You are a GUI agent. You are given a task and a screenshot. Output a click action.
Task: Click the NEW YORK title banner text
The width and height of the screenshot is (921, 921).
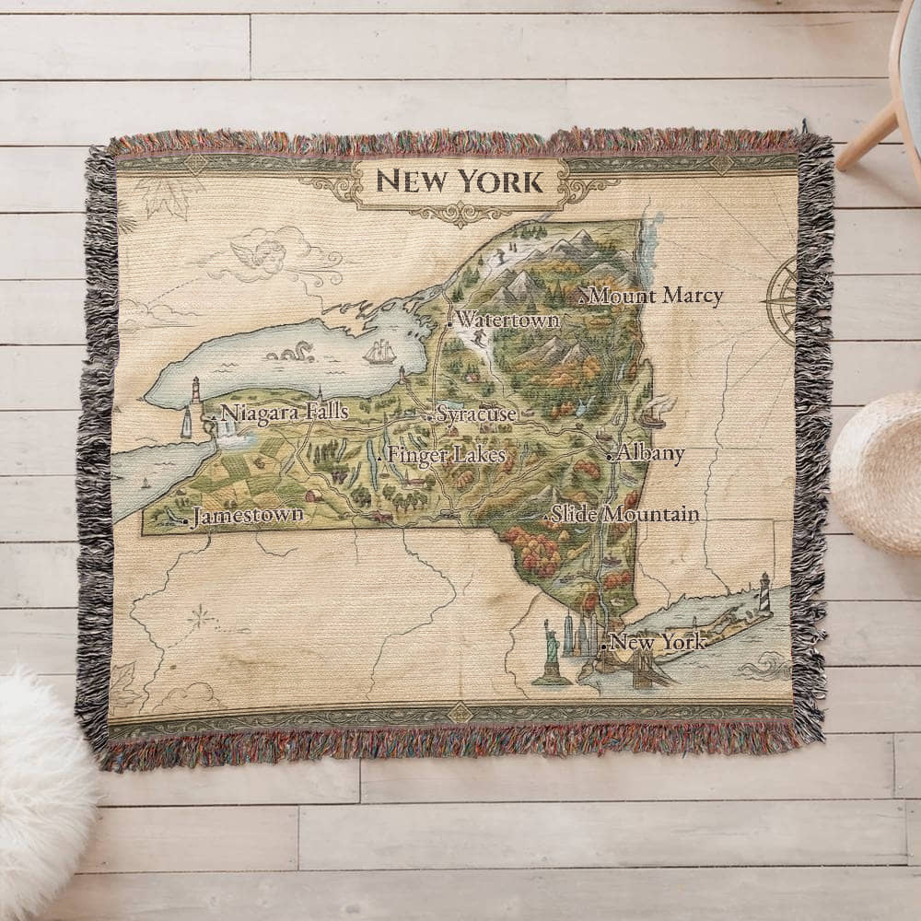coord(460,181)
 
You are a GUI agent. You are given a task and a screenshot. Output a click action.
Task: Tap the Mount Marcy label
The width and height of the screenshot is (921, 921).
coord(655,297)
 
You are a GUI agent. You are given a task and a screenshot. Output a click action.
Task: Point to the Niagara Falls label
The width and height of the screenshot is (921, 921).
coord(285,413)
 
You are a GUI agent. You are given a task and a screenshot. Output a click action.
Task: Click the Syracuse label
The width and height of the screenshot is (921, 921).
coord(476,414)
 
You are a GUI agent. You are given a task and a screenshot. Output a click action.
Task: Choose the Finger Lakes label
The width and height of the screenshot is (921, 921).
coord(446,455)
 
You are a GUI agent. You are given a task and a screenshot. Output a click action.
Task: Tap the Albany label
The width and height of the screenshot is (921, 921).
coord(651,453)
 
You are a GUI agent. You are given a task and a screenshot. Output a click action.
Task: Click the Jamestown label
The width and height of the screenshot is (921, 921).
coord(248,516)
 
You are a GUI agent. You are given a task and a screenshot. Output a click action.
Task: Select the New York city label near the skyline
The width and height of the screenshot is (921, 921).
coord(659,643)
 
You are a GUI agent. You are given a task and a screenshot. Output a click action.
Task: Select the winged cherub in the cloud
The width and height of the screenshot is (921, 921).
coord(263,250)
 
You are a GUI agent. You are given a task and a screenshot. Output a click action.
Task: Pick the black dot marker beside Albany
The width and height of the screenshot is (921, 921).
coord(610,456)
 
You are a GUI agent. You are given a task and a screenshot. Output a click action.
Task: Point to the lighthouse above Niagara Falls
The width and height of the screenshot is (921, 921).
coord(195,391)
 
